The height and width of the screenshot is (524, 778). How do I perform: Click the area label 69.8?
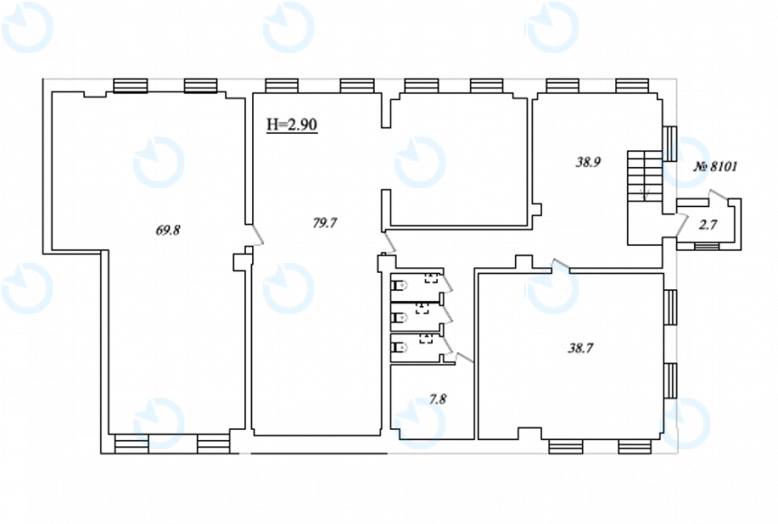[168, 230]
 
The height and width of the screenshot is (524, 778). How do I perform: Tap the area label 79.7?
[324, 223]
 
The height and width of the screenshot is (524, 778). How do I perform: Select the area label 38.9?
[588, 162]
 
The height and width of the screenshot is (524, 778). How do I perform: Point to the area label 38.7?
[580, 349]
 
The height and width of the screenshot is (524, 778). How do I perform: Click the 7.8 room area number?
[437, 399]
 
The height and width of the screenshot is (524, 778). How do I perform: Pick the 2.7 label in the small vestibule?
[708, 225]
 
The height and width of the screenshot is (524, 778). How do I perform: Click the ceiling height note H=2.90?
[292, 125]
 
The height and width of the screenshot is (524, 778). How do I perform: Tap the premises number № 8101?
[715, 166]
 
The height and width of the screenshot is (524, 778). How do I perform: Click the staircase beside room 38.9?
[645, 175]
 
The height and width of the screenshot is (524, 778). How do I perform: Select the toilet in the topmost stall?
[398, 285]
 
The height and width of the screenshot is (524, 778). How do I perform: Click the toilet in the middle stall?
[398, 316]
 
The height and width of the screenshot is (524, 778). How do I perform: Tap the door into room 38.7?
[560, 266]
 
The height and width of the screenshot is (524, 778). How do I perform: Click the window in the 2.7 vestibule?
[707, 246]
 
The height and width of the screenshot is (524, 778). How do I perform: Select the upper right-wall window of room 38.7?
[670, 307]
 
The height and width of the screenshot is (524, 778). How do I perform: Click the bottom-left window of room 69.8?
[132, 444]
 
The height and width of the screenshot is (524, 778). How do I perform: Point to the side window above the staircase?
[670, 143]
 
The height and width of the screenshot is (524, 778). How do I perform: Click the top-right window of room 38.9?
[633, 86]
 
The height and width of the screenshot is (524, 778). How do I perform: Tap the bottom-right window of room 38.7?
[634, 446]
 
